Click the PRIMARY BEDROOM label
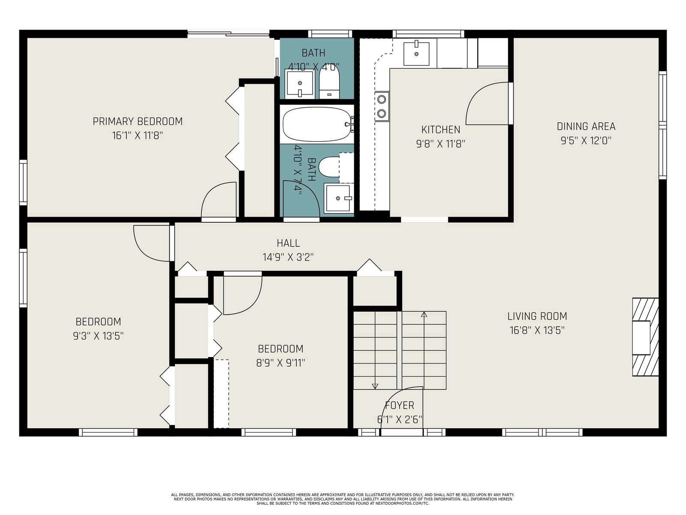138,121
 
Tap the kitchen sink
416,54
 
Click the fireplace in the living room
645,337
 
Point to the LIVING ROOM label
537,316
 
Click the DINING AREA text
586,127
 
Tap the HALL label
288,243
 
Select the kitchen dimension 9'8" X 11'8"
440,144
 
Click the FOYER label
400,405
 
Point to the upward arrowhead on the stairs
424,314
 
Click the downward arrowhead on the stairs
375,386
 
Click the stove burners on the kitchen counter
382,106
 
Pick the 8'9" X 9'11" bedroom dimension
280,363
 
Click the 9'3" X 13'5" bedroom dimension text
98,336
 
